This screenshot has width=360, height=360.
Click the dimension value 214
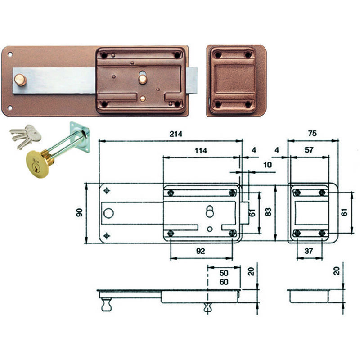pos(176,134)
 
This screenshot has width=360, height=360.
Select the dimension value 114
pos(201,151)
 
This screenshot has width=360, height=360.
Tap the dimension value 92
pos(200,251)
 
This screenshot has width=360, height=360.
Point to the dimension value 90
pos(80,213)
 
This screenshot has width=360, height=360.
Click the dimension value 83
pos(268,211)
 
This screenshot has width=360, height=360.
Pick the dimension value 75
pos(312,133)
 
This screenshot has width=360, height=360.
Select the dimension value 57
pos(309,150)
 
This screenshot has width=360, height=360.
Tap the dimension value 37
pos(309,251)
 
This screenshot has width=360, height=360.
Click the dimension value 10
pos(267,165)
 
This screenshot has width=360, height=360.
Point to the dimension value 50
pos(224,273)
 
